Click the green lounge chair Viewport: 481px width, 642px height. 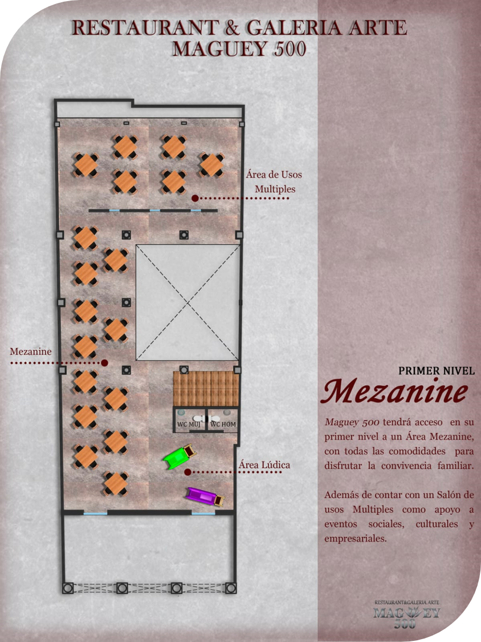(x=179, y=457)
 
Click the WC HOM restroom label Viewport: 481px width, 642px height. (x=222, y=424)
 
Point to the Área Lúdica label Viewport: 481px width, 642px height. (x=264, y=465)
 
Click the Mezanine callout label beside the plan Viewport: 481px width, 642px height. (x=31, y=351)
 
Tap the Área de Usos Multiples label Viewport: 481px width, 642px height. (x=274, y=181)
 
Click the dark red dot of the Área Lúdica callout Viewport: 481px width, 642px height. (x=187, y=472)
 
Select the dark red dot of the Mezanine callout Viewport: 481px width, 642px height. (x=105, y=362)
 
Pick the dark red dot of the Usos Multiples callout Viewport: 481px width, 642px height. (x=195, y=198)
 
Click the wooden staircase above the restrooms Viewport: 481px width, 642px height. (x=206, y=388)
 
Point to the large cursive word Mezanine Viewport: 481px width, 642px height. (x=396, y=392)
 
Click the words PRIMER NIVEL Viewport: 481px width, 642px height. (x=437, y=370)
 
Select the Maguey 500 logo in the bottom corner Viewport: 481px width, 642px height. (x=407, y=615)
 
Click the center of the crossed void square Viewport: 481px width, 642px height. (x=187, y=302)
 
